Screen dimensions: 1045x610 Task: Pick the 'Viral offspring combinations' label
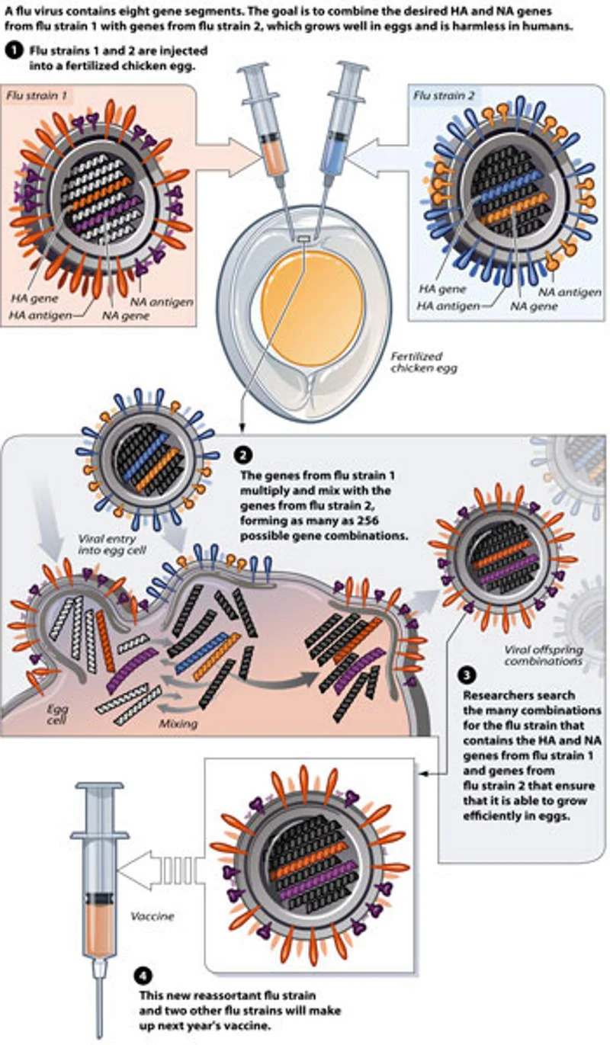pyautogui.click(x=534, y=655)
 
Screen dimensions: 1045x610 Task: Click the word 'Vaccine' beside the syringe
pyautogui.click(x=152, y=916)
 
